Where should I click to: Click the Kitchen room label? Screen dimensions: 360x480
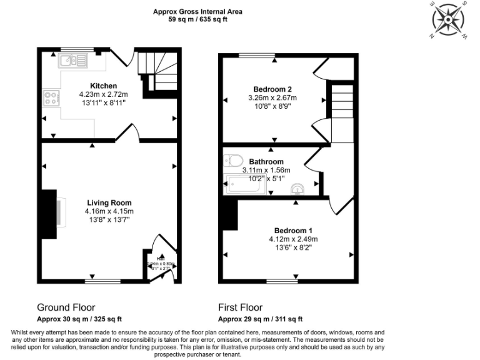point(103,86)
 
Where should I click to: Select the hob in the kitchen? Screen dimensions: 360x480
point(51,97)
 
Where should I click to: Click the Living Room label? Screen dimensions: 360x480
point(109,203)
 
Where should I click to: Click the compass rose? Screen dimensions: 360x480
point(449,21)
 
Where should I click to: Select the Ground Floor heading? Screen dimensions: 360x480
point(66,307)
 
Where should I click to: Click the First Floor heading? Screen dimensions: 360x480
point(240,307)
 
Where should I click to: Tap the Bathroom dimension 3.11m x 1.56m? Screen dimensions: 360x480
point(267,170)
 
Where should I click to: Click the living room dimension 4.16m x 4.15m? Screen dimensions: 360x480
point(109,211)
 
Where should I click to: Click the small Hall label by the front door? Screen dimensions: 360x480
point(160,259)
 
